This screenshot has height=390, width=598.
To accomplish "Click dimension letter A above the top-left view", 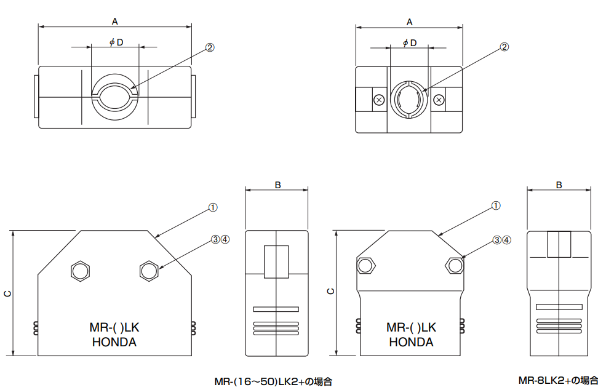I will pos(115,21).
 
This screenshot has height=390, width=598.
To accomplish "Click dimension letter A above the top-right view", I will pos(409,22).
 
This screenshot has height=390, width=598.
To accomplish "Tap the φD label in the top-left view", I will pos(116,42).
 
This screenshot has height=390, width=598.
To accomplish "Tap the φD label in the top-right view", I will pos(409,42).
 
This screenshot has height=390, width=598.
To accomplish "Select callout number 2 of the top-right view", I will pos(504,47).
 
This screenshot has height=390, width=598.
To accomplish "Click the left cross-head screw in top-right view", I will pos(379,100).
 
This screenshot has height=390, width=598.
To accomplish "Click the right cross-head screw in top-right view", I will pos(439,100).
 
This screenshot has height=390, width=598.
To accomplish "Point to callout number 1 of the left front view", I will pos(213,207).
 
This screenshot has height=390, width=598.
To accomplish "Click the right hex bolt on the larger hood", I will pos(148,271).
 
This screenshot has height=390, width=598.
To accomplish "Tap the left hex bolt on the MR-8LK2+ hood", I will pos(367,265).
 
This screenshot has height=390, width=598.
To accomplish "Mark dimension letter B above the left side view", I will pos(277,185).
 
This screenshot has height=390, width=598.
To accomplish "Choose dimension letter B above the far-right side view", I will pos(559,185).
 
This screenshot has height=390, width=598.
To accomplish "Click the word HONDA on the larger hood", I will pos(114,343).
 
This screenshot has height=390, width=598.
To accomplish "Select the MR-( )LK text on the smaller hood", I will pos(411,328).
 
